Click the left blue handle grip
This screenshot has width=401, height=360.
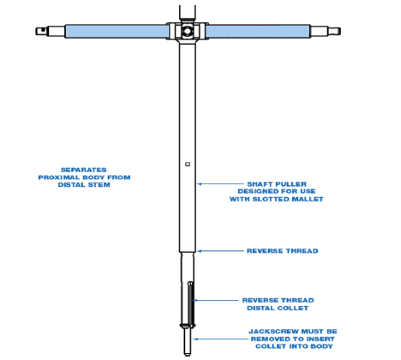pyautogui.click(x=117, y=31)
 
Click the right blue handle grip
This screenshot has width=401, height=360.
pyautogui.click(x=258, y=31)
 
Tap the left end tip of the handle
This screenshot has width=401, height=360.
pyautogui.click(x=36, y=31)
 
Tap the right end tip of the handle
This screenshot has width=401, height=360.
pyautogui.click(x=340, y=31)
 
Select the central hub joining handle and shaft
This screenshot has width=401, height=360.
pyautogui.click(x=188, y=31)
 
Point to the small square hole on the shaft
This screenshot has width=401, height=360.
pyautogui.click(x=188, y=164)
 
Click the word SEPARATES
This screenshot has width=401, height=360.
pyautogui.click(x=84, y=170)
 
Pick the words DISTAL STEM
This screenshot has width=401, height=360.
pyautogui.click(x=84, y=185)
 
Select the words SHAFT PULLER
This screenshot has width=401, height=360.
pyautogui.click(x=277, y=184)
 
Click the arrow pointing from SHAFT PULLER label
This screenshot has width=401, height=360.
pyautogui.click(x=220, y=184)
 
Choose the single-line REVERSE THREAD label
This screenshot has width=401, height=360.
pyautogui.click(x=283, y=251)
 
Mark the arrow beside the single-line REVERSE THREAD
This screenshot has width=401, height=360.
pyautogui.click(x=220, y=251)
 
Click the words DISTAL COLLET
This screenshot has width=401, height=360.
pyautogui.click(x=278, y=308)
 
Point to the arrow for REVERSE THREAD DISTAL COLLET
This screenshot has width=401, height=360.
pyautogui.click(x=215, y=300)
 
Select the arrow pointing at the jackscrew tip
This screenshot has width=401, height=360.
pyautogui.click(x=221, y=339)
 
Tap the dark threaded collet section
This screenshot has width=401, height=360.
pyautogui.click(x=190, y=304)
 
